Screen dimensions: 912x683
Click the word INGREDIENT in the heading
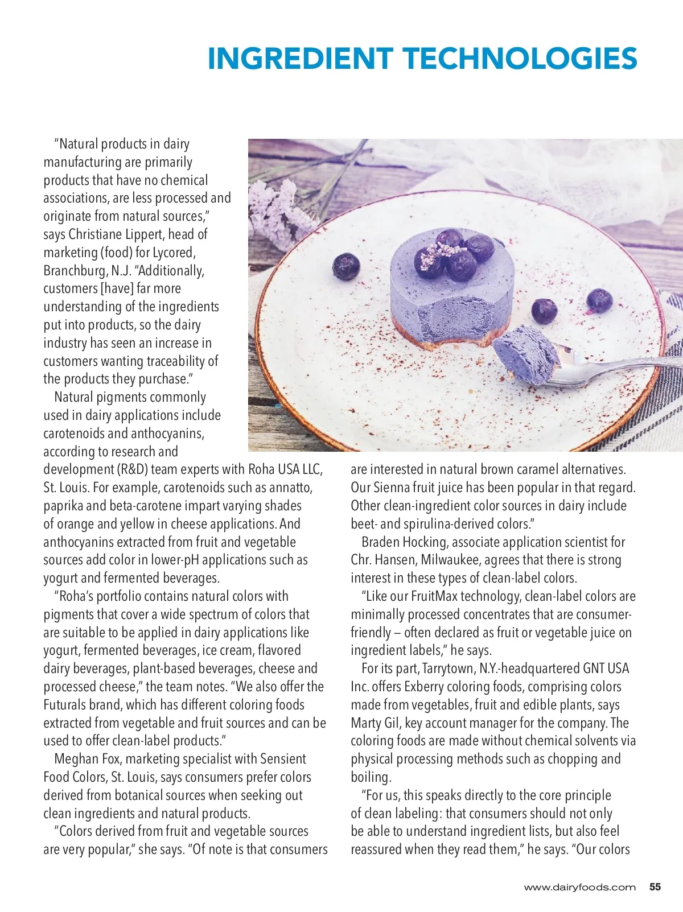300,59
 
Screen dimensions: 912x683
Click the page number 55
655,887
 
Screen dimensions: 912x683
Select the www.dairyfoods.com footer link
579,888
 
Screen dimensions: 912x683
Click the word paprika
63,506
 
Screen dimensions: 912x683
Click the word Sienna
392,488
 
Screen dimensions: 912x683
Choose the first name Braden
380,542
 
